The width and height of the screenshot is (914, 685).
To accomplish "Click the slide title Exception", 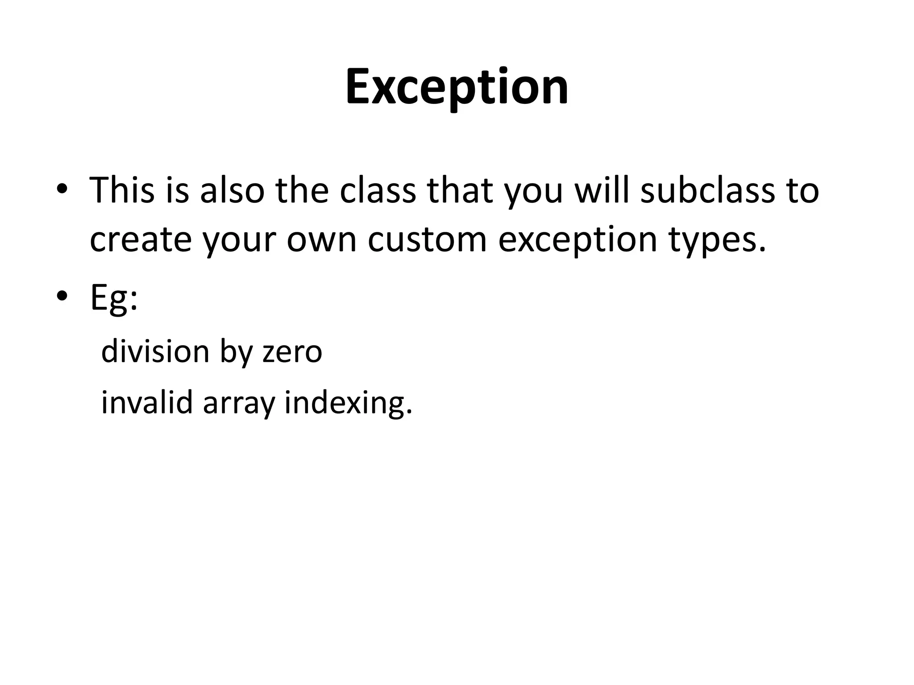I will [457, 87].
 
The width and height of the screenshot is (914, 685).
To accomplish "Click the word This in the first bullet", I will [122, 190].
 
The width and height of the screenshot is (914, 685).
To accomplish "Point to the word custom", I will [427, 240].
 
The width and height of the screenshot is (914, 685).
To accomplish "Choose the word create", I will [141, 240].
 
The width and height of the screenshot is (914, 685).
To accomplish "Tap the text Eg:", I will [114, 298].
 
